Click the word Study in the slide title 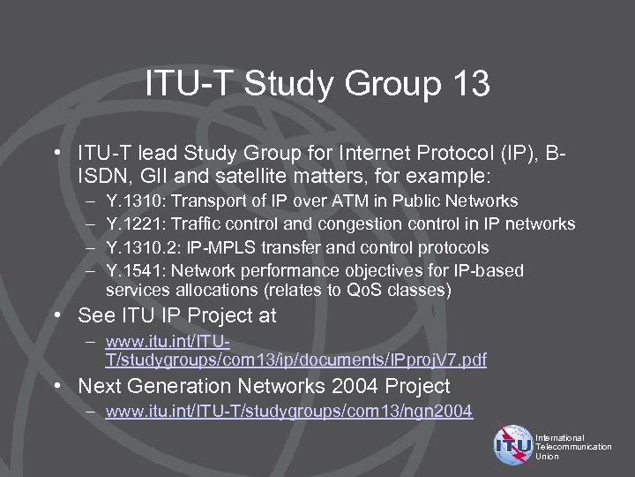(x=293, y=85)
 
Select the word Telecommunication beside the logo (x=573, y=447)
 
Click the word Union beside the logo (x=547, y=457)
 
